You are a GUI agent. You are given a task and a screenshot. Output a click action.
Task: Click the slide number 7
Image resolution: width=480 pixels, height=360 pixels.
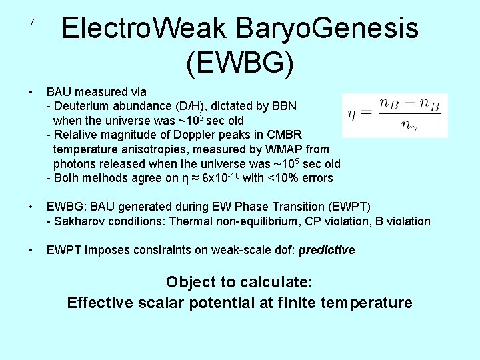point(31,23)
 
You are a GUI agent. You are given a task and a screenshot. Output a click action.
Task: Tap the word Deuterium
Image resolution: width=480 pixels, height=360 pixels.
point(83,106)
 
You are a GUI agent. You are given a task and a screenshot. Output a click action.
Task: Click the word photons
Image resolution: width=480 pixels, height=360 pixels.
point(73,164)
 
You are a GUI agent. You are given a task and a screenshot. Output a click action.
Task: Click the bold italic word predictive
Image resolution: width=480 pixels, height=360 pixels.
point(327,251)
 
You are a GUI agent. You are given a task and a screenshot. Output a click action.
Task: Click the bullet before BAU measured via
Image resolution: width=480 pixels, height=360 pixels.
point(31,92)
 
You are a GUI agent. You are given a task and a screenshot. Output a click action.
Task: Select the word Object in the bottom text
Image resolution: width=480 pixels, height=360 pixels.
point(189,282)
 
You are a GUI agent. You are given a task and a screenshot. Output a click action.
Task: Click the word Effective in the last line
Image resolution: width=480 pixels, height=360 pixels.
point(95,303)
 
